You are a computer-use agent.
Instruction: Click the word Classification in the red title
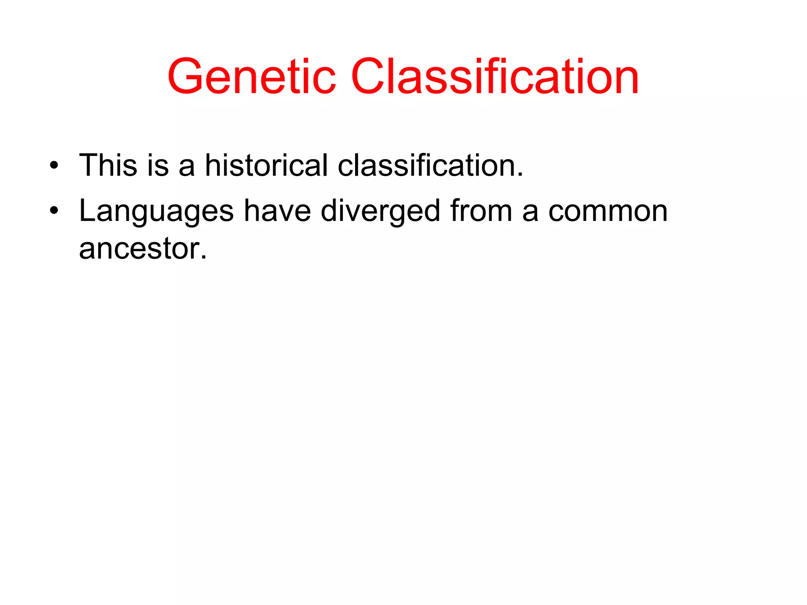(x=495, y=77)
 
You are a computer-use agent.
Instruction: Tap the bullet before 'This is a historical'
(x=54, y=165)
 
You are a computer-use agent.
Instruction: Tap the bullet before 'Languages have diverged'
(x=54, y=211)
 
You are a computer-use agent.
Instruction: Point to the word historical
(x=266, y=165)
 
